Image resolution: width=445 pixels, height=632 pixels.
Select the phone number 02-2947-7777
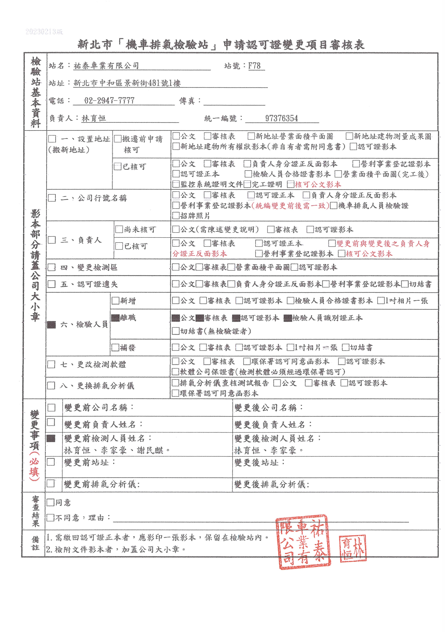(x=109, y=101)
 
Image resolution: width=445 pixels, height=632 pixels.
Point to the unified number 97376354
(x=281, y=118)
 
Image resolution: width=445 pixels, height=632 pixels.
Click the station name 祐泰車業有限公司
(x=106, y=66)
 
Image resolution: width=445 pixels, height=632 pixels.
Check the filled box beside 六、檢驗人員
(x=51, y=325)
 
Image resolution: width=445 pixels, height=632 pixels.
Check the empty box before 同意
(x=50, y=502)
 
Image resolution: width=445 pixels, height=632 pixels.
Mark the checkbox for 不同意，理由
(x=50, y=518)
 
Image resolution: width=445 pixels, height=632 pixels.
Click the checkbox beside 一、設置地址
(x=52, y=139)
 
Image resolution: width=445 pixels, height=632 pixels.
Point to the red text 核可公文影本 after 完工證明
(x=318, y=184)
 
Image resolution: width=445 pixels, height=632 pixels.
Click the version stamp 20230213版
(x=44, y=32)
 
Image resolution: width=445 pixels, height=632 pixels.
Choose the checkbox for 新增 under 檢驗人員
(x=115, y=301)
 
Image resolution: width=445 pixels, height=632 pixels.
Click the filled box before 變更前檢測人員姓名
(x=51, y=438)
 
